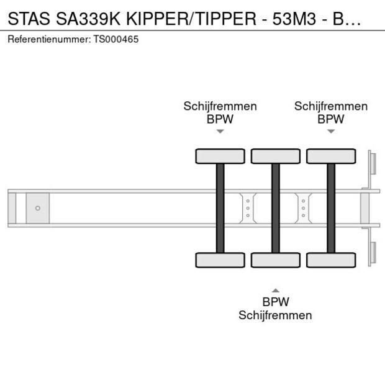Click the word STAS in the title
(x=29, y=19)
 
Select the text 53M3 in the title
(x=294, y=19)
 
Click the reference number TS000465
(x=116, y=39)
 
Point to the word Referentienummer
(x=49, y=39)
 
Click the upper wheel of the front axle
(x=220, y=156)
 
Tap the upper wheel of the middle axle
(x=276, y=156)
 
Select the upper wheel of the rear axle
(x=331, y=156)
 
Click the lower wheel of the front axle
(x=220, y=260)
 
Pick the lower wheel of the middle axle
(x=276, y=260)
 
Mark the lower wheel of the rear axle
(x=331, y=260)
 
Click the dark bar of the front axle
(x=220, y=208)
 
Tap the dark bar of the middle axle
(x=276, y=208)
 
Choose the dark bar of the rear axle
(x=331, y=208)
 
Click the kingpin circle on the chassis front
(x=37, y=208)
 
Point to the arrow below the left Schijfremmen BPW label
(x=220, y=132)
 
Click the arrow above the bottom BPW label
(x=276, y=290)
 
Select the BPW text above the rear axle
(x=331, y=119)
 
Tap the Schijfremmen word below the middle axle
(x=275, y=315)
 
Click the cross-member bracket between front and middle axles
(x=248, y=208)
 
